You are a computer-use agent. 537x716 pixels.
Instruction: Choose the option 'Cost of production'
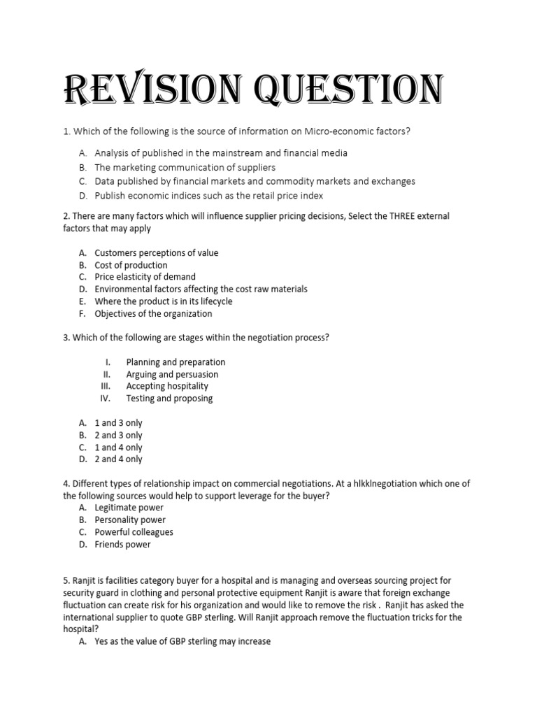click(131, 265)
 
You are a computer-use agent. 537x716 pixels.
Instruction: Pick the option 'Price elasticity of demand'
click(145, 277)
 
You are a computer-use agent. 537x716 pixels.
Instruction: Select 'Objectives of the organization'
click(153, 313)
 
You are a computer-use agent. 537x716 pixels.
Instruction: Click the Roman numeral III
click(106, 386)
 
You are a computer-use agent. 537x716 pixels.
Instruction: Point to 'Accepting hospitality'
click(167, 386)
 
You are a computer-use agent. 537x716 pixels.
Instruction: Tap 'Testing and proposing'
click(169, 399)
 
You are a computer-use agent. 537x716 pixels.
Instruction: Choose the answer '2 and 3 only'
click(118, 435)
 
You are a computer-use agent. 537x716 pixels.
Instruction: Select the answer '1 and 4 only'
click(118, 447)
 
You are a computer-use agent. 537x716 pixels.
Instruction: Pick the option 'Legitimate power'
click(129, 508)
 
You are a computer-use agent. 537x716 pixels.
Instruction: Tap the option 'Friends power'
click(122, 544)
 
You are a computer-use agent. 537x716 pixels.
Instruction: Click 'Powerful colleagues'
click(134, 532)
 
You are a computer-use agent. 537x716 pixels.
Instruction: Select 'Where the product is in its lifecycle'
click(164, 301)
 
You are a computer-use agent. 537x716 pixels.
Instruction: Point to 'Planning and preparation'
click(176, 362)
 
